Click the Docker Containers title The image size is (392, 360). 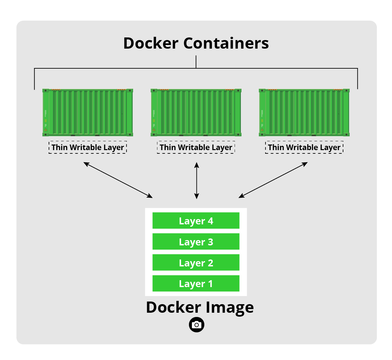point(196,43)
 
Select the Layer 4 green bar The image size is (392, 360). point(196,221)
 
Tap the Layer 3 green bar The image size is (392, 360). point(196,242)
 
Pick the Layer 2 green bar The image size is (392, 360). point(196,263)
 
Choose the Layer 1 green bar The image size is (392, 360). point(196,283)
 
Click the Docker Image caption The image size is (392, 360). point(200,307)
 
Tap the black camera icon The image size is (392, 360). point(196,325)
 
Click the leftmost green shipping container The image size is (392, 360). point(88,112)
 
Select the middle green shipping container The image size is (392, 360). point(196,112)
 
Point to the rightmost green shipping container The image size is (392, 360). point(304,112)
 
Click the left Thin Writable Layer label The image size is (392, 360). point(88,147)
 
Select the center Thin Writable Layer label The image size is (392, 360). point(196,147)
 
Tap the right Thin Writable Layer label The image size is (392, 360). point(304,147)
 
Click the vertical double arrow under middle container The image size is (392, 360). point(196,180)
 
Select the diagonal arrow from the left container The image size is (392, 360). point(118,180)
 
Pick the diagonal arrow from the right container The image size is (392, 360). point(273,180)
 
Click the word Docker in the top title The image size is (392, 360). point(151,43)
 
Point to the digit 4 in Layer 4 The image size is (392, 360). point(211,221)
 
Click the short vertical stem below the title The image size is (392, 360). point(196,62)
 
